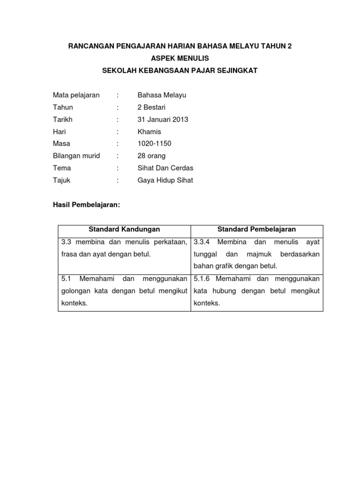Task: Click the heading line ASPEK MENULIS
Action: (x=180, y=58)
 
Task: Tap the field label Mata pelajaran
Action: (x=76, y=95)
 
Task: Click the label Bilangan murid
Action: (x=76, y=156)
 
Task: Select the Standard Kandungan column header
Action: (x=124, y=229)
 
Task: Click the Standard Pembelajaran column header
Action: (x=256, y=229)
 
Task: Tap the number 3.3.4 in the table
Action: (x=202, y=242)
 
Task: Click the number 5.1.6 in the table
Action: (x=202, y=278)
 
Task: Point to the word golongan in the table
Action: (x=76, y=291)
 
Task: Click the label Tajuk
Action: (x=61, y=180)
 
